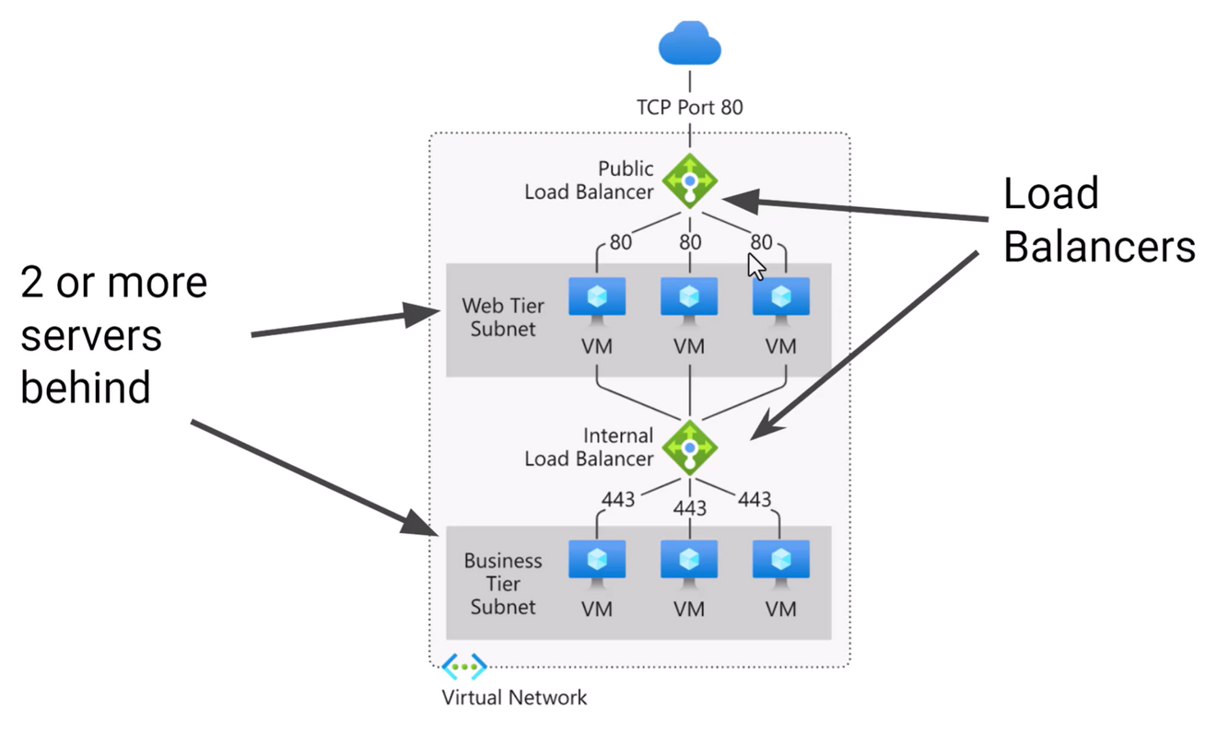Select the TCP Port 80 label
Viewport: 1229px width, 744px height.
click(x=689, y=108)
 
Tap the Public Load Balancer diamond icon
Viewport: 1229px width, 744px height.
click(x=690, y=180)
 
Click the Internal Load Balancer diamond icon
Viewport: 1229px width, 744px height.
click(x=690, y=448)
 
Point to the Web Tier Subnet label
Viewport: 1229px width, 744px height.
click(x=503, y=317)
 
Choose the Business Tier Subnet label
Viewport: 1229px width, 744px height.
click(x=503, y=584)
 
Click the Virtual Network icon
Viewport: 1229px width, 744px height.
click(x=464, y=666)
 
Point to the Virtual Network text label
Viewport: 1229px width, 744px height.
click(x=514, y=697)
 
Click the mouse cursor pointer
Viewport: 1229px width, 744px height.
click(x=755, y=266)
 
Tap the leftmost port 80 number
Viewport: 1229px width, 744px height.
click(x=620, y=243)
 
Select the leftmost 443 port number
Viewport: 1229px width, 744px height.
click(x=618, y=499)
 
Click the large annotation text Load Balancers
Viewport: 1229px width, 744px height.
click(x=1098, y=221)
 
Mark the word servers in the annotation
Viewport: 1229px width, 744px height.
click(x=91, y=335)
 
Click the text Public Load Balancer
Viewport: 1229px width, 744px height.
click(x=590, y=180)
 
